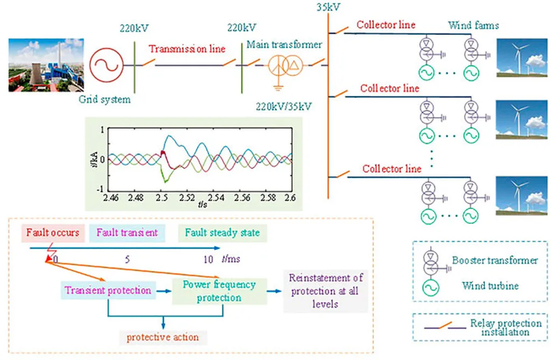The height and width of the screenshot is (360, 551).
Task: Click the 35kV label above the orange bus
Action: point(329,7)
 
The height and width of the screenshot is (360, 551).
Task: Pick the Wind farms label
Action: point(474,25)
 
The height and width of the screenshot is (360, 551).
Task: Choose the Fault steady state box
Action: point(222,233)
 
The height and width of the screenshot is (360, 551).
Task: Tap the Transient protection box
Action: point(108,290)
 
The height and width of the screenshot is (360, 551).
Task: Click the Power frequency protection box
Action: point(219,291)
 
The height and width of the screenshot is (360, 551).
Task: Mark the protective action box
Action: point(163,337)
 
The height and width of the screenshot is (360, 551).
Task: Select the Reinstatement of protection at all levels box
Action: point(326,291)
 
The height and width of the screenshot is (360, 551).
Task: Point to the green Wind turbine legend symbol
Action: point(430,287)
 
